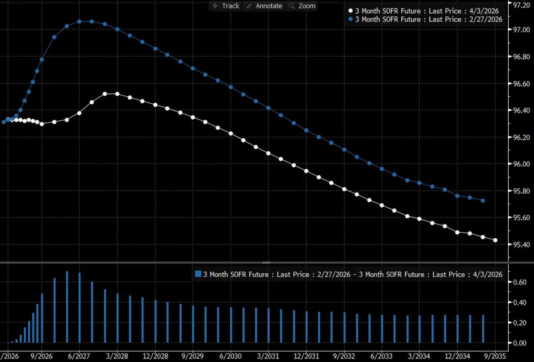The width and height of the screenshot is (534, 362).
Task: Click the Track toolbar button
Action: coord(226,6)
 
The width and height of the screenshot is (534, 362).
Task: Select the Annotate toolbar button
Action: coord(264,6)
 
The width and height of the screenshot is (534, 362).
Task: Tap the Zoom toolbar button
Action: coord(302,6)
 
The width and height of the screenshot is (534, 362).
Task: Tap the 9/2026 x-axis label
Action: coord(41,357)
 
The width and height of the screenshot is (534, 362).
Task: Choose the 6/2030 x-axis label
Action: coord(230,357)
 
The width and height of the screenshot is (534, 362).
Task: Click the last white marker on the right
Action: coord(496,240)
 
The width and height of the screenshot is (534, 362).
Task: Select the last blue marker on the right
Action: coord(483,201)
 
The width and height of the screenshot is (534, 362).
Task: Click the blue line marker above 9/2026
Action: coord(42,59)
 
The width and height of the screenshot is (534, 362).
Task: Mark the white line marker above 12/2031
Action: coord(306,171)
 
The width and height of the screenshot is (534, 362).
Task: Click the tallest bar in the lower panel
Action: coord(67,307)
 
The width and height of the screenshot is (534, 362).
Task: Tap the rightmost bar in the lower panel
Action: coord(483,329)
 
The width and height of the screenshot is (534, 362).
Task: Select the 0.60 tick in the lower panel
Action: coord(520,282)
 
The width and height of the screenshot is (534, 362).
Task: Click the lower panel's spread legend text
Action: coord(352,274)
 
